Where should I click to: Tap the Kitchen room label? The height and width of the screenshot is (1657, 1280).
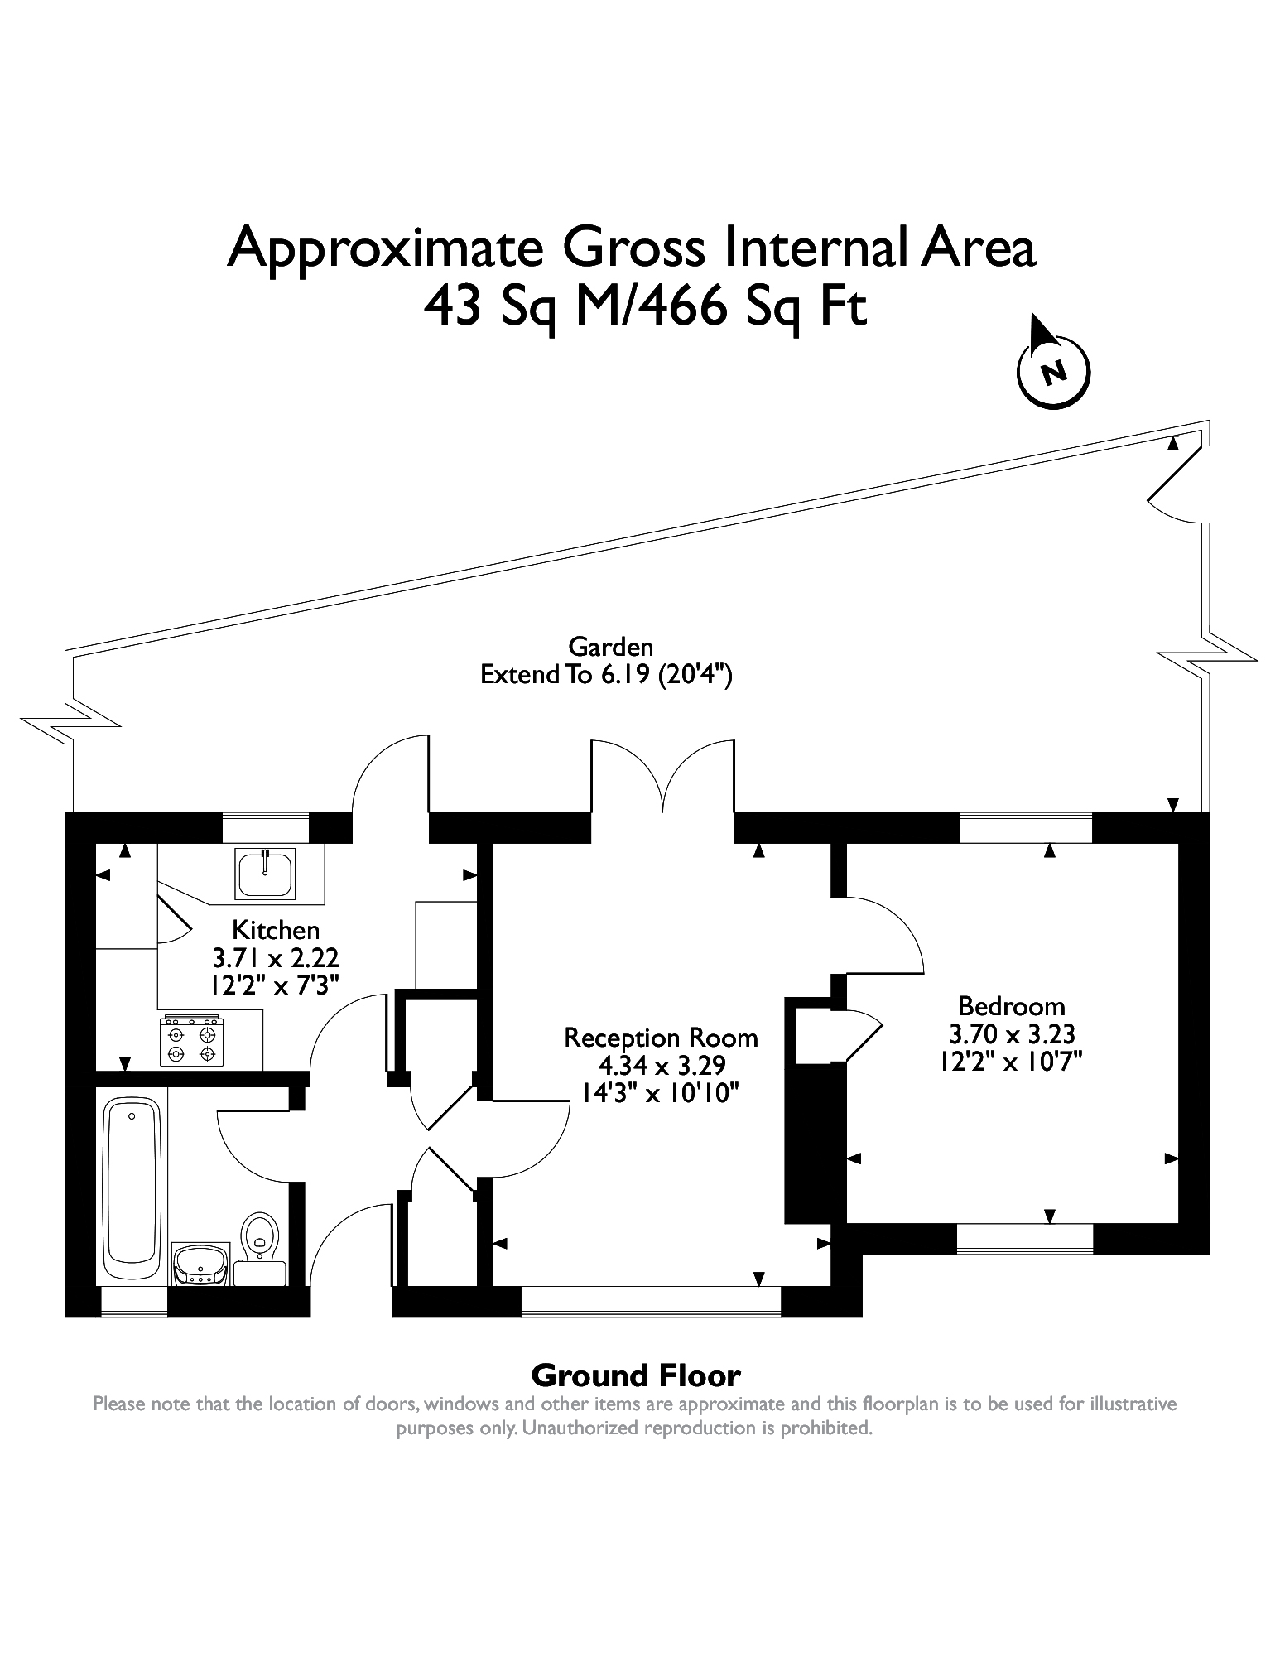point(276,929)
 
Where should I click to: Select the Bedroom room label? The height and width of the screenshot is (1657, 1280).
point(1011,1006)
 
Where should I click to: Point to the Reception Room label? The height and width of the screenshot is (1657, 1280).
point(661,1038)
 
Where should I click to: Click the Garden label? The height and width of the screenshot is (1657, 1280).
point(611,647)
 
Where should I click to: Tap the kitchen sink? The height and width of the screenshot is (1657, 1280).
point(266,873)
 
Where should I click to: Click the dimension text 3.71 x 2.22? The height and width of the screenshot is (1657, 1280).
point(276,958)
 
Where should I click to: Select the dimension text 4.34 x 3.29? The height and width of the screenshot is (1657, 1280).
point(661,1065)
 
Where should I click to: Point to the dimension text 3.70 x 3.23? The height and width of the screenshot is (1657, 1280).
point(1011,1033)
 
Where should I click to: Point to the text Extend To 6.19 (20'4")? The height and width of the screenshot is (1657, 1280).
point(607,675)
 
